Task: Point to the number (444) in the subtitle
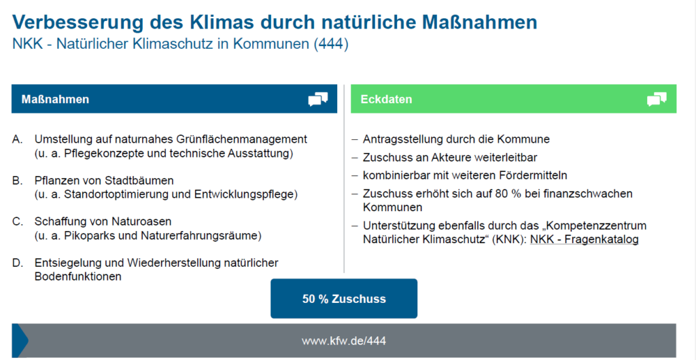click(x=331, y=44)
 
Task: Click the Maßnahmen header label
click(x=55, y=99)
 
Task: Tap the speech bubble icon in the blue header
click(x=318, y=99)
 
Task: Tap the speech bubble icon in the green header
click(x=657, y=99)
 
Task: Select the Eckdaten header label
click(x=386, y=99)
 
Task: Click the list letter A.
click(x=17, y=139)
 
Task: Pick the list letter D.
click(x=17, y=263)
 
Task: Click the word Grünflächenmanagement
click(x=241, y=139)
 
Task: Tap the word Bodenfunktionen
click(x=77, y=276)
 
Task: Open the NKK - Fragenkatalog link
click(x=584, y=239)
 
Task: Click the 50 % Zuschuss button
click(x=344, y=298)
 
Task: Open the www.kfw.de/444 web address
click(x=344, y=341)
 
